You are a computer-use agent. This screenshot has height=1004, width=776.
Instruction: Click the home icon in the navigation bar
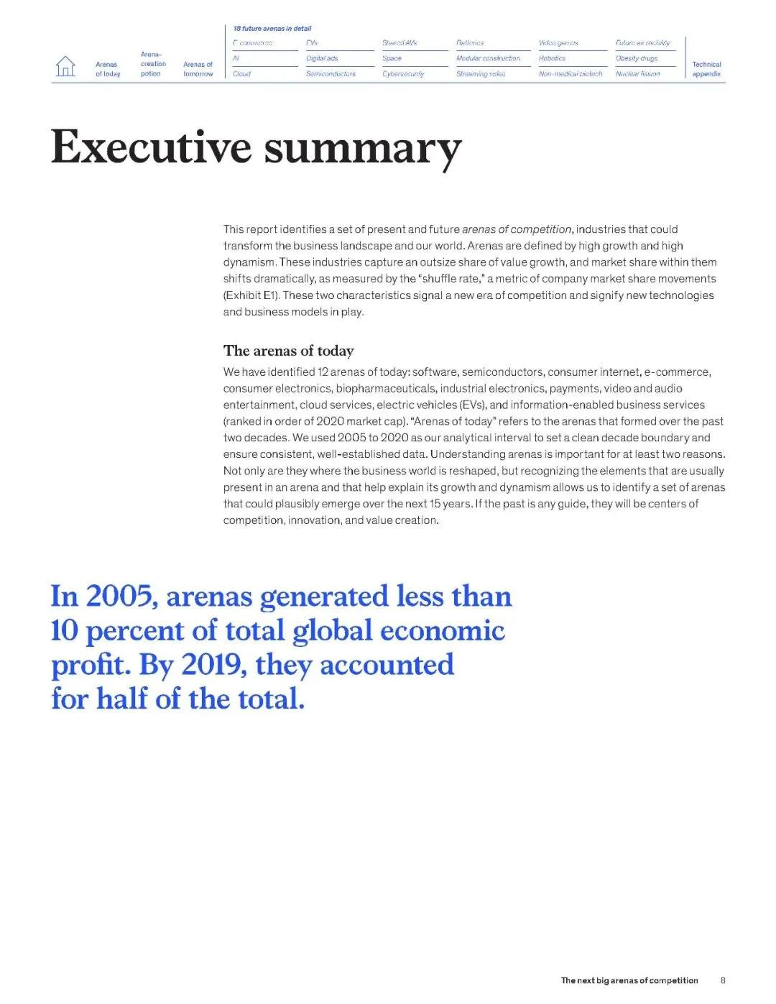(65, 66)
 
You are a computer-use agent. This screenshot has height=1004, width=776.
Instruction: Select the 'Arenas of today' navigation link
(107, 69)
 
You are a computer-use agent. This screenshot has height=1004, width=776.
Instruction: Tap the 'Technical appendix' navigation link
(706, 69)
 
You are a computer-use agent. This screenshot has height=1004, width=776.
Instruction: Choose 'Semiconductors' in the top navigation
(331, 74)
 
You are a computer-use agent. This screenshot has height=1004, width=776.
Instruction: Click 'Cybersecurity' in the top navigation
(403, 74)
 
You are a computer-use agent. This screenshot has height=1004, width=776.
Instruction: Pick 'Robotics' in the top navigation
(552, 58)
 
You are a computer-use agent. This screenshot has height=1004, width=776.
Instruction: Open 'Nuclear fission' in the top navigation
(637, 74)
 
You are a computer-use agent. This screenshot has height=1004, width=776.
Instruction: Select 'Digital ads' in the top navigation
(322, 58)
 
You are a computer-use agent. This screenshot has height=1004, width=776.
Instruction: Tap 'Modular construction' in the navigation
(488, 58)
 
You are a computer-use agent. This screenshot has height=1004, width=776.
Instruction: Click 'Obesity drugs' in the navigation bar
(637, 58)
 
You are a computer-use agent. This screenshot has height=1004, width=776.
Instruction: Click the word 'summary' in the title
(363, 149)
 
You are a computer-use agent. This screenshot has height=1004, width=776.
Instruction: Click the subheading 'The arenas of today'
(288, 351)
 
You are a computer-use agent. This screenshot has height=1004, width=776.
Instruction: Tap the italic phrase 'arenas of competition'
(516, 229)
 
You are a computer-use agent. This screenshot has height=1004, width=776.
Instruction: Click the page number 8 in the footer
(723, 980)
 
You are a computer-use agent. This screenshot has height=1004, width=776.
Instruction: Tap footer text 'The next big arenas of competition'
(629, 980)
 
